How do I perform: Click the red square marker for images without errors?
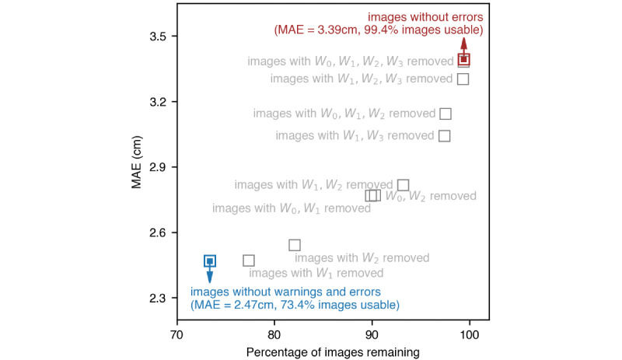coord(464,59)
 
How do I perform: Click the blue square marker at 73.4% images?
coord(210,261)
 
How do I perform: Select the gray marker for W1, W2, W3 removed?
coord(463,79)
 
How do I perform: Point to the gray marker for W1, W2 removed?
coord(404,185)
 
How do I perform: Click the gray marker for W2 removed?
coord(295,245)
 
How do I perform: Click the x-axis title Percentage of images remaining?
coord(333,351)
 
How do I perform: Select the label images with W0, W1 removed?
coord(286,208)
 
